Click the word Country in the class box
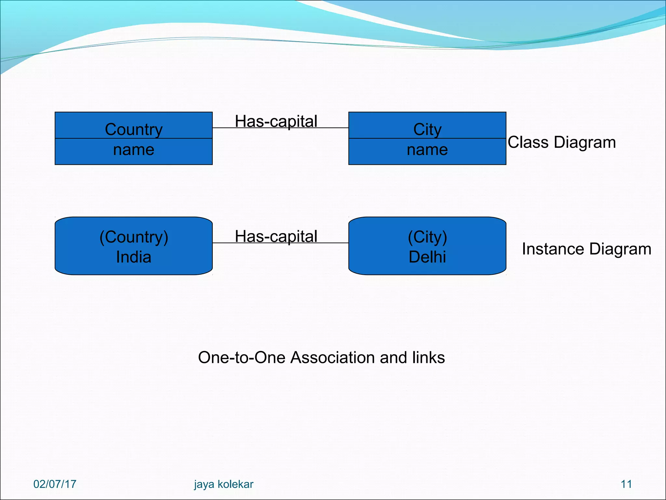point(134,129)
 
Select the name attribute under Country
point(134,150)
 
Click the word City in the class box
point(427,129)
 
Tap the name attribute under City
point(427,150)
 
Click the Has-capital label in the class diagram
point(276,121)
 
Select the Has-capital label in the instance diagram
point(276,236)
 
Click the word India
point(134,257)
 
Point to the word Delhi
point(427,257)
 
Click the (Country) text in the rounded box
point(134,237)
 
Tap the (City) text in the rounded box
point(427,237)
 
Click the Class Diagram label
point(562,142)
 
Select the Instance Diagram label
point(586,249)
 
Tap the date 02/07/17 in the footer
point(55,484)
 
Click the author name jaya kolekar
point(223,484)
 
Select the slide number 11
point(626,484)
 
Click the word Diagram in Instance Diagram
point(620,249)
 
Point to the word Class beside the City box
point(528,142)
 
